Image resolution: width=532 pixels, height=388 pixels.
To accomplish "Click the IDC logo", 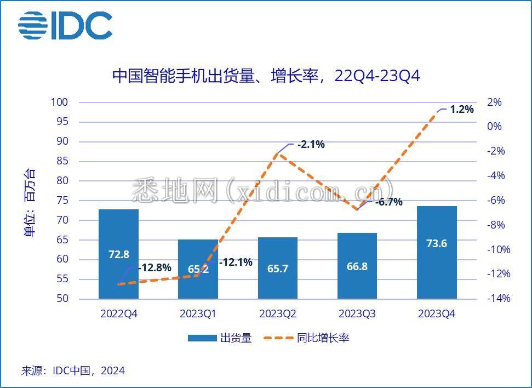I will [x=65, y=26].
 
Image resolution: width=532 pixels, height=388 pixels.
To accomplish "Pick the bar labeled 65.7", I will [x=278, y=268].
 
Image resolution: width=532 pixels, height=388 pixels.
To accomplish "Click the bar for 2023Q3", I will [x=357, y=266].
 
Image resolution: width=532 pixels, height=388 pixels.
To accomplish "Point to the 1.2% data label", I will [x=461, y=110].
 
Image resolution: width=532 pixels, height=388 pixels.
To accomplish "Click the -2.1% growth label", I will [x=311, y=145].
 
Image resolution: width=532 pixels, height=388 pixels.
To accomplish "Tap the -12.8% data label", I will [x=155, y=268].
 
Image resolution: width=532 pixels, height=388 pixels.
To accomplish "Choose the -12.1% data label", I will [x=236, y=263].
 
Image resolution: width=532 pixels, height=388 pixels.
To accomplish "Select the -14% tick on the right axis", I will [x=497, y=299].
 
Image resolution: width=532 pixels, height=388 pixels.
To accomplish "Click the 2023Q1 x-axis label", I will [x=198, y=314].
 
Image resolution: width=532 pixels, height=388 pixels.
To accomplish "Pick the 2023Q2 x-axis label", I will [x=278, y=314].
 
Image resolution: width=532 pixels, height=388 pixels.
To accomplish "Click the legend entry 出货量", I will [x=220, y=338].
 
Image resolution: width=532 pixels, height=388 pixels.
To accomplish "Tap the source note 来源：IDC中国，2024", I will [x=73, y=371].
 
